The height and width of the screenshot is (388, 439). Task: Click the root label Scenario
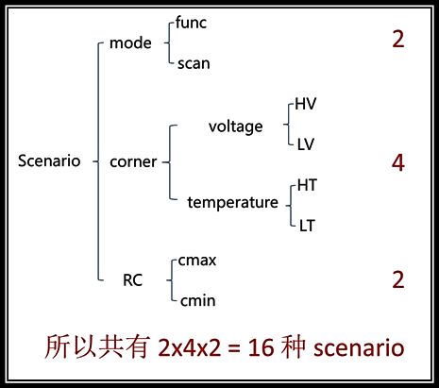click(49, 160)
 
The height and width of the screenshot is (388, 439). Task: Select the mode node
click(130, 42)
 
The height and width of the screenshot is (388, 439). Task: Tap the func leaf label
click(191, 23)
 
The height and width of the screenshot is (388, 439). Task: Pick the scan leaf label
click(194, 63)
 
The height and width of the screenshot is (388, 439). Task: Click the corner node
click(133, 162)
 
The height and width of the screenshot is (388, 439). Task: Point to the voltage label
click(235, 127)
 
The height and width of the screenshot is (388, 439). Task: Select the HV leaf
click(306, 104)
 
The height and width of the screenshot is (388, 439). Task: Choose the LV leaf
click(306, 144)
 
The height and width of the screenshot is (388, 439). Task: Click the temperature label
click(233, 202)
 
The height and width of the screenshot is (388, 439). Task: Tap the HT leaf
click(307, 185)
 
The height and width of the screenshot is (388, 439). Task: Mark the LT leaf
click(307, 226)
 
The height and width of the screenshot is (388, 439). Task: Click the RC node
click(132, 280)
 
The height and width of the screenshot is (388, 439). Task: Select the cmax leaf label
click(197, 261)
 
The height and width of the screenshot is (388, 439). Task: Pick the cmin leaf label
click(198, 301)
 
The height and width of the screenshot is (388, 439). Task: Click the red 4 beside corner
click(398, 163)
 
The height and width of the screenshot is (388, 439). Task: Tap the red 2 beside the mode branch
click(398, 40)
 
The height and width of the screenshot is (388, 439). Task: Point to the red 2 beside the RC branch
click(398, 279)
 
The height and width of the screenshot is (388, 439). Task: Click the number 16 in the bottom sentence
click(261, 347)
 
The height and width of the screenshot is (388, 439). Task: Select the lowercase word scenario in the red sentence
click(359, 347)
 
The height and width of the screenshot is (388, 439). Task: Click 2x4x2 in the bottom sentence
click(190, 347)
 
